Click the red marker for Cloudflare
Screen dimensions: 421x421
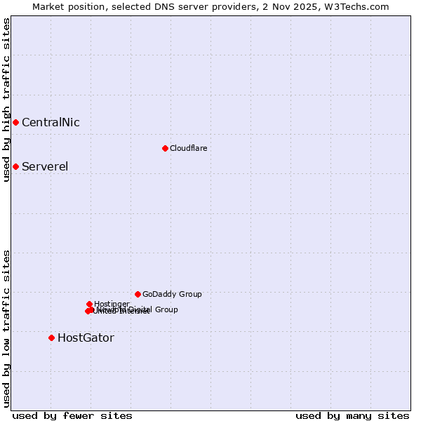[165, 148]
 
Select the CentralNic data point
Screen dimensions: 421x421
[15, 123]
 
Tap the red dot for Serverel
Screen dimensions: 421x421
[15, 166]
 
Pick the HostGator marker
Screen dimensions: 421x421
[51, 338]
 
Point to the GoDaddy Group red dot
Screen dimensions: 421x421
[138, 294]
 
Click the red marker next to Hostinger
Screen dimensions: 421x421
[89, 304]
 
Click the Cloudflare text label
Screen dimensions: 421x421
[188, 148]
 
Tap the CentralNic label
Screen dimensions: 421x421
[51, 123]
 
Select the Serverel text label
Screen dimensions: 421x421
[45, 166]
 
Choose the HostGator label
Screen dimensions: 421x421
[86, 338]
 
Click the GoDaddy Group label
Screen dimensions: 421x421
[172, 294]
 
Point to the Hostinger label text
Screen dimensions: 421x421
[112, 304]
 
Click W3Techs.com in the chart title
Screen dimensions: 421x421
[356, 6]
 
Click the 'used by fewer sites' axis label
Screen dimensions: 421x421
[72, 415]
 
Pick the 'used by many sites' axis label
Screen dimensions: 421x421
[352, 415]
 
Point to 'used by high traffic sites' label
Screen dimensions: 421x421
[6, 100]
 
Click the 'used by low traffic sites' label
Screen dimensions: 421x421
[6, 328]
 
